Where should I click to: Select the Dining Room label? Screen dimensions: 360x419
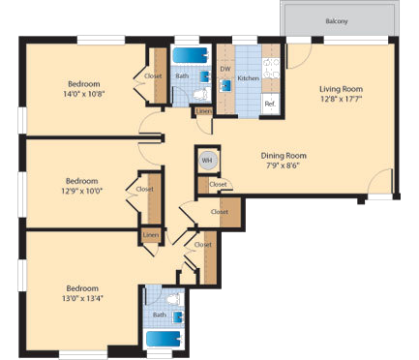284,156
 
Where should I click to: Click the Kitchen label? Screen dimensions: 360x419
248,76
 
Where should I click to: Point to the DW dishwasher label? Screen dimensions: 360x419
224,69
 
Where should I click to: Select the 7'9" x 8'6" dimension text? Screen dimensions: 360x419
284,166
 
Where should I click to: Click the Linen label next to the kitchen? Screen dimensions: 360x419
203,111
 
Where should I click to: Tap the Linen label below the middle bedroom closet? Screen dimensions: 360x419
150,235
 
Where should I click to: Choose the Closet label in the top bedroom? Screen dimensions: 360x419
153,75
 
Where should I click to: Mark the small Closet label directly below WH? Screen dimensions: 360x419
218,184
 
